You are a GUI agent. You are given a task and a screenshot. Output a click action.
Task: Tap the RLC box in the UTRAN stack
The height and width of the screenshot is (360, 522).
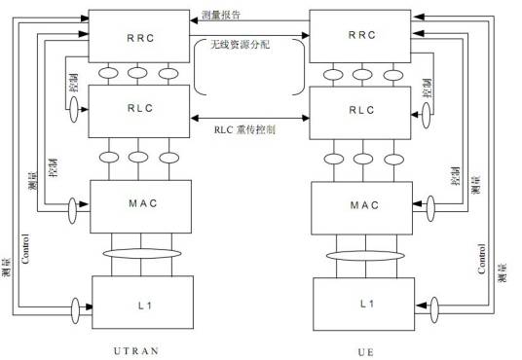pyautogui.click(x=136, y=110)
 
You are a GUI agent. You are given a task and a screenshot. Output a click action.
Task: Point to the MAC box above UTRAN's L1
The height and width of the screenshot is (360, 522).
pyautogui.click(x=137, y=205)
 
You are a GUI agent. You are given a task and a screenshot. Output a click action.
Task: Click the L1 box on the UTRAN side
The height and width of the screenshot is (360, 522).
pyautogui.click(x=137, y=303)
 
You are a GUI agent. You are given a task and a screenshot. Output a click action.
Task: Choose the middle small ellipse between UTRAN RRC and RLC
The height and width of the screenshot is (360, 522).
pyautogui.click(x=137, y=74)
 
